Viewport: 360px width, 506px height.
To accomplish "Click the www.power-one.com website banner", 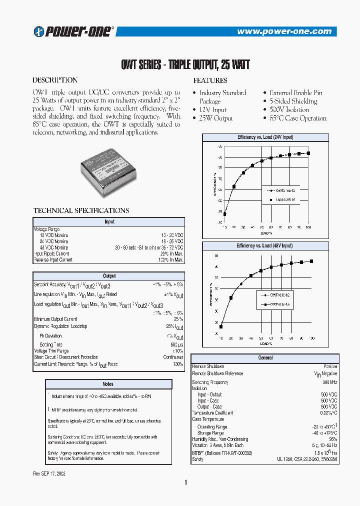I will (x=287, y=31).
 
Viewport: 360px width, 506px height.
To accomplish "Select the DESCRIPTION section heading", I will (x=55, y=80).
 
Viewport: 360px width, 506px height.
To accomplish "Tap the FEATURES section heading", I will (x=210, y=80).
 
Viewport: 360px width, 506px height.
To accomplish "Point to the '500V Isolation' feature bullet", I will (x=289, y=109).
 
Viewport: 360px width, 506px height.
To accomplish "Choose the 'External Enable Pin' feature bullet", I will (x=295, y=92).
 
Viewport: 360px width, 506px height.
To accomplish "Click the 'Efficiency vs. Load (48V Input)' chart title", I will (x=264, y=246).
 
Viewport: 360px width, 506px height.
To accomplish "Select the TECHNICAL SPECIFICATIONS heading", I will (x=81, y=210).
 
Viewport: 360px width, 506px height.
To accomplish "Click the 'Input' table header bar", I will (x=109, y=221).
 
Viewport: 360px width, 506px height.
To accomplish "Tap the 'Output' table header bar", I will (x=109, y=276).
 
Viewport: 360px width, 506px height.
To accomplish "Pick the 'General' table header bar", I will (x=265, y=358).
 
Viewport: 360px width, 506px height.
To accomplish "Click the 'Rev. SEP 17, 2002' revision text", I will (x=49, y=472).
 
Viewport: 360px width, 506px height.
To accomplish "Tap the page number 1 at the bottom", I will (x=185, y=482).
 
